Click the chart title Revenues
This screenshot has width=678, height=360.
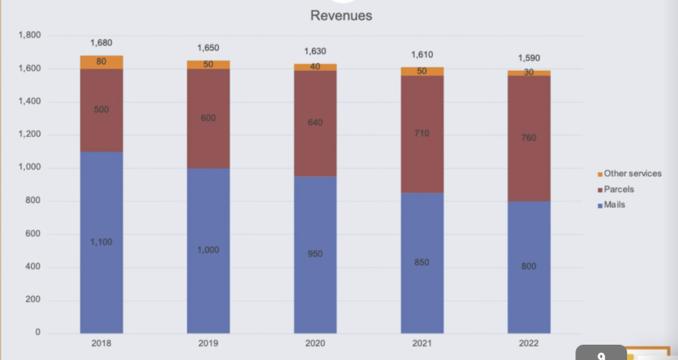click(x=341, y=16)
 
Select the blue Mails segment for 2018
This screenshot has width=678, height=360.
click(x=101, y=242)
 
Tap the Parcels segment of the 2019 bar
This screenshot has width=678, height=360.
click(x=209, y=118)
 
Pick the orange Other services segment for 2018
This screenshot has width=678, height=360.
click(x=101, y=62)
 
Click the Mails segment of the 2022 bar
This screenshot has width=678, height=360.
click(x=529, y=267)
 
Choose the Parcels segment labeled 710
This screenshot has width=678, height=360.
click(x=422, y=134)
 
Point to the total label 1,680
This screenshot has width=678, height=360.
click(x=101, y=43)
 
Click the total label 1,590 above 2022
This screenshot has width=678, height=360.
click(x=529, y=58)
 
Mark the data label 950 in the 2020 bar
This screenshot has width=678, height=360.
click(x=315, y=253)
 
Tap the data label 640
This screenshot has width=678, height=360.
click(x=315, y=122)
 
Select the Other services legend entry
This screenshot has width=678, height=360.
click(x=630, y=174)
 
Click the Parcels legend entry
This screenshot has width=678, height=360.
click(x=616, y=189)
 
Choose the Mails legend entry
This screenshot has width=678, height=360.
click(x=611, y=205)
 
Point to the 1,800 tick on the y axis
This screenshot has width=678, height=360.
click(x=29, y=35)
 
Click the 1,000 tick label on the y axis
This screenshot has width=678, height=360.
click(x=29, y=167)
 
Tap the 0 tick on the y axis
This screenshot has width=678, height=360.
click(x=38, y=332)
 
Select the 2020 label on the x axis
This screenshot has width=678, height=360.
click(x=315, y=343)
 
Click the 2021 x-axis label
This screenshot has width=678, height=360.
click(x=422, y=343)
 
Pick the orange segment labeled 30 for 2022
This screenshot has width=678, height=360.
click(x=529, y=73)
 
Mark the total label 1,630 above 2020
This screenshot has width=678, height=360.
click(x=315, y=52)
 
